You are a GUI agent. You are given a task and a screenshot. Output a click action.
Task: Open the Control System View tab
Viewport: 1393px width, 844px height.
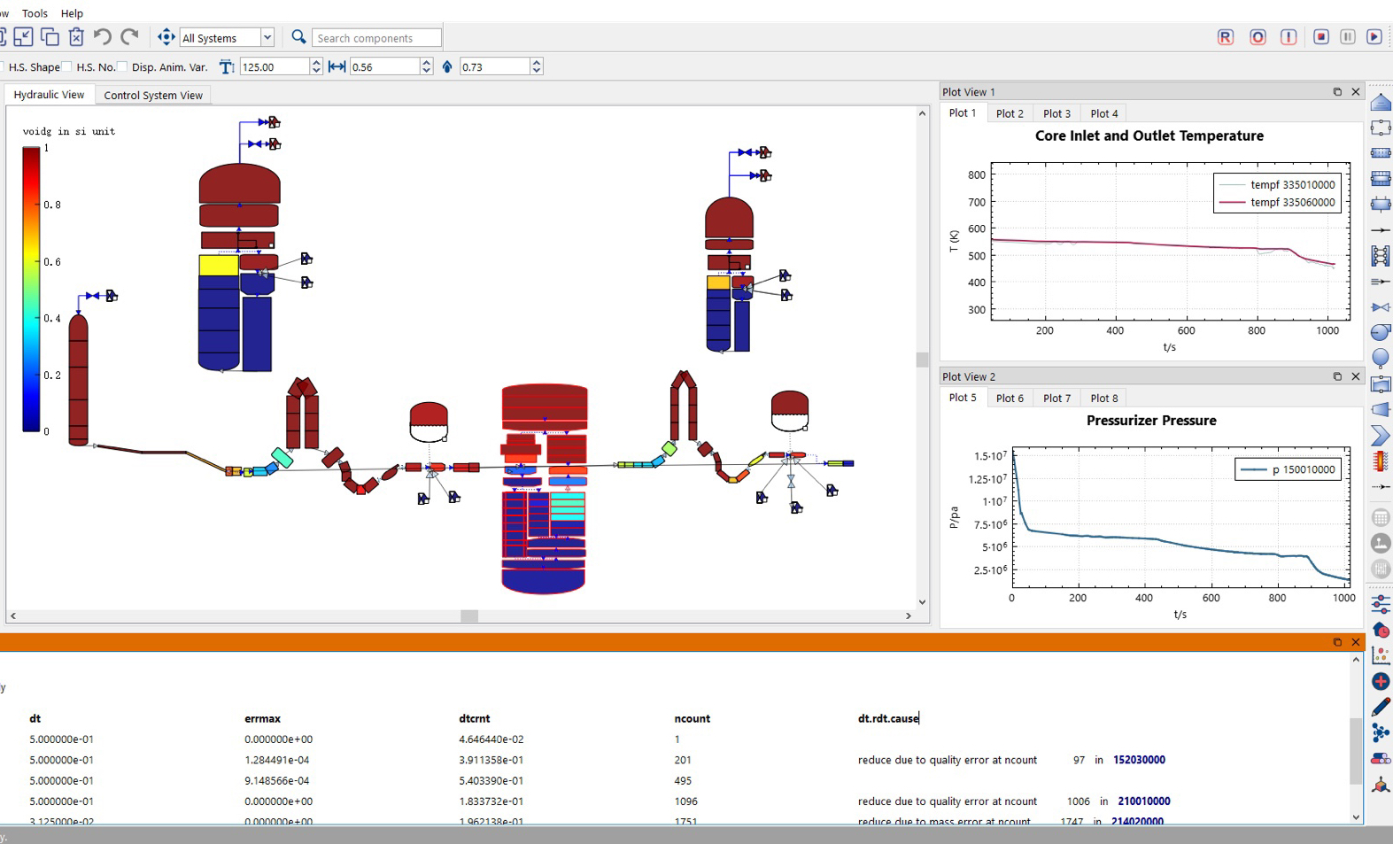[153, 96]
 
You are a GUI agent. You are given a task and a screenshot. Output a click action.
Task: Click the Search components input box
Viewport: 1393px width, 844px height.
[376, 38]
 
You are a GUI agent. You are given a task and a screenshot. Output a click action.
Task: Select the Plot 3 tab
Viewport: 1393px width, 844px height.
[1056, 113]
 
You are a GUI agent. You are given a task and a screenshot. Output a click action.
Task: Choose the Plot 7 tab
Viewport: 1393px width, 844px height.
[1056, 399]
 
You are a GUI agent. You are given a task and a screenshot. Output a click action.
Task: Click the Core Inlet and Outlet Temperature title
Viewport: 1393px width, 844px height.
[1149, 136]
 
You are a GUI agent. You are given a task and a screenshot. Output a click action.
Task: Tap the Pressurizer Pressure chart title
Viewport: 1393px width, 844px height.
[1150, 421]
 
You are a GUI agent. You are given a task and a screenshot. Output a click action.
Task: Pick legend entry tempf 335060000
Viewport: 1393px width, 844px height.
[1292, 203]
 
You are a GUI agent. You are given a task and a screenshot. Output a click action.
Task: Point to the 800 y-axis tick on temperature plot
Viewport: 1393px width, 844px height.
[977, 175]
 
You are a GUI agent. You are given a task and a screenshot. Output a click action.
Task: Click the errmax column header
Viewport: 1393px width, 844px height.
[262, 719]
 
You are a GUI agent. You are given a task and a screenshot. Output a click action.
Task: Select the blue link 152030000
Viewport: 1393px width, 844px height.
[1139, 760]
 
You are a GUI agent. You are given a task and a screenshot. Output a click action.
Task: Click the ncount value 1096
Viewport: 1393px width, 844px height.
[685, 801]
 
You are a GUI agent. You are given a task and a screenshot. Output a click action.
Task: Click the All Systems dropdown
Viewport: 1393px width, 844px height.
[227, 38]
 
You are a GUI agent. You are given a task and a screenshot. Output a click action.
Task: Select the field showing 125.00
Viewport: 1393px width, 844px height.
[275, 67]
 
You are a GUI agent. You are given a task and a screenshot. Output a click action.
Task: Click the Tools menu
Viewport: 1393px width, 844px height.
[35, 13]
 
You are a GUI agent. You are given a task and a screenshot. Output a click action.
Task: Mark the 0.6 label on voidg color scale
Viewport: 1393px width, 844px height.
[53, 262]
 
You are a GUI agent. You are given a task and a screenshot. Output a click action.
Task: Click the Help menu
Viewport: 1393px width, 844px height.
[72, 13]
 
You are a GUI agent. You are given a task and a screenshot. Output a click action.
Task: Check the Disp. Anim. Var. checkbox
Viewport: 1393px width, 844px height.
[123, 67]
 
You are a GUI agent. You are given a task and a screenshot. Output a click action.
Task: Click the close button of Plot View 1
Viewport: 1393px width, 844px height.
[1355, 92]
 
